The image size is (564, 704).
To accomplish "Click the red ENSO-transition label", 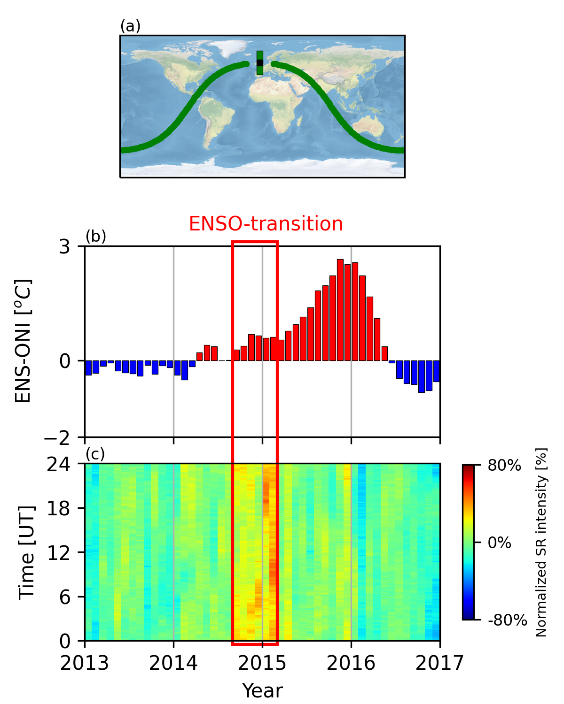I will click(266, 224).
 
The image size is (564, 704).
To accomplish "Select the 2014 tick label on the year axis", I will click(173, 664).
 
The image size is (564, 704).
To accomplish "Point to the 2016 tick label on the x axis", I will click(351, 664).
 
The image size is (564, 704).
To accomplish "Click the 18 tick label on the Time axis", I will click(58, 508).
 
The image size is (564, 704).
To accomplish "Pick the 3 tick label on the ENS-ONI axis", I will click(64, 247).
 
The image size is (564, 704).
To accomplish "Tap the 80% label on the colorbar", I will click(504, 466).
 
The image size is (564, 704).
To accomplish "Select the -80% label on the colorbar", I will click(508, 620).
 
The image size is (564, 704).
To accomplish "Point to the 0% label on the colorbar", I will click(500, 543).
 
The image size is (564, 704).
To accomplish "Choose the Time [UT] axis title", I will click(27, 552).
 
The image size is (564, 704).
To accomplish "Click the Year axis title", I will click(262, 691).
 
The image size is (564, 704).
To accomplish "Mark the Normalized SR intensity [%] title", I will click(541, 543).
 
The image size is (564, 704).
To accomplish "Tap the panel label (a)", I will click(130, 27).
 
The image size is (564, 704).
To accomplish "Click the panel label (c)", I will click(95, 454).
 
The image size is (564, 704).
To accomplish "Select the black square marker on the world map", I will click(260, 62).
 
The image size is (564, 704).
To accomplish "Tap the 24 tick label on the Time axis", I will click(58, 465).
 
